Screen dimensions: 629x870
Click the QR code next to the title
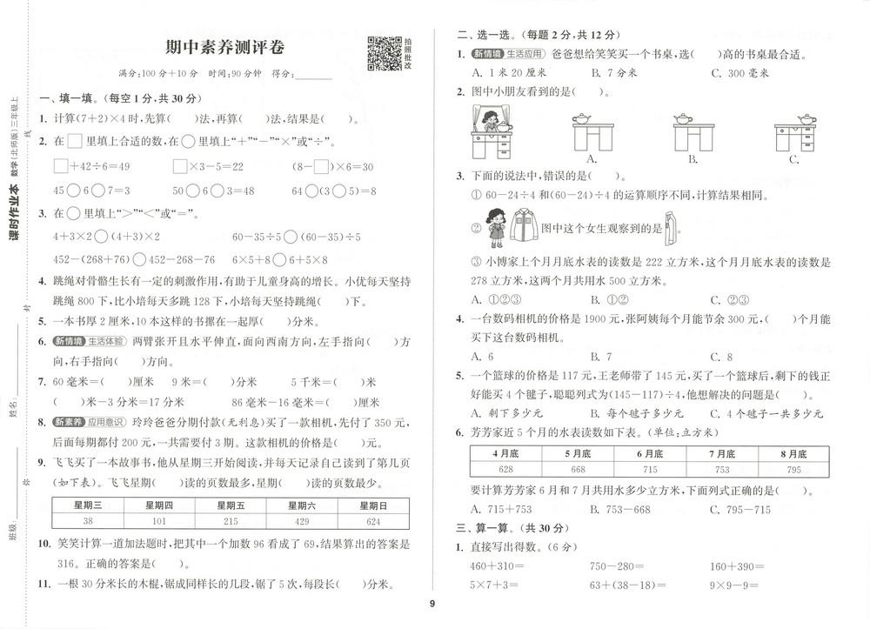[384, 53]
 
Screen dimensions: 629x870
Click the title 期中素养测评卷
[225, 47]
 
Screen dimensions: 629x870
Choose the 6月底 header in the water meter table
[649, 453]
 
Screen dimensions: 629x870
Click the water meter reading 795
[793, 470]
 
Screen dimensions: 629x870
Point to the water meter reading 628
[505, 470]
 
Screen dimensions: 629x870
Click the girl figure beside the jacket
[497, 228]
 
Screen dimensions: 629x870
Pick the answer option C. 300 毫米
[739, 73]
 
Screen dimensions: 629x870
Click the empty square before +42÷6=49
[61, 165]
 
